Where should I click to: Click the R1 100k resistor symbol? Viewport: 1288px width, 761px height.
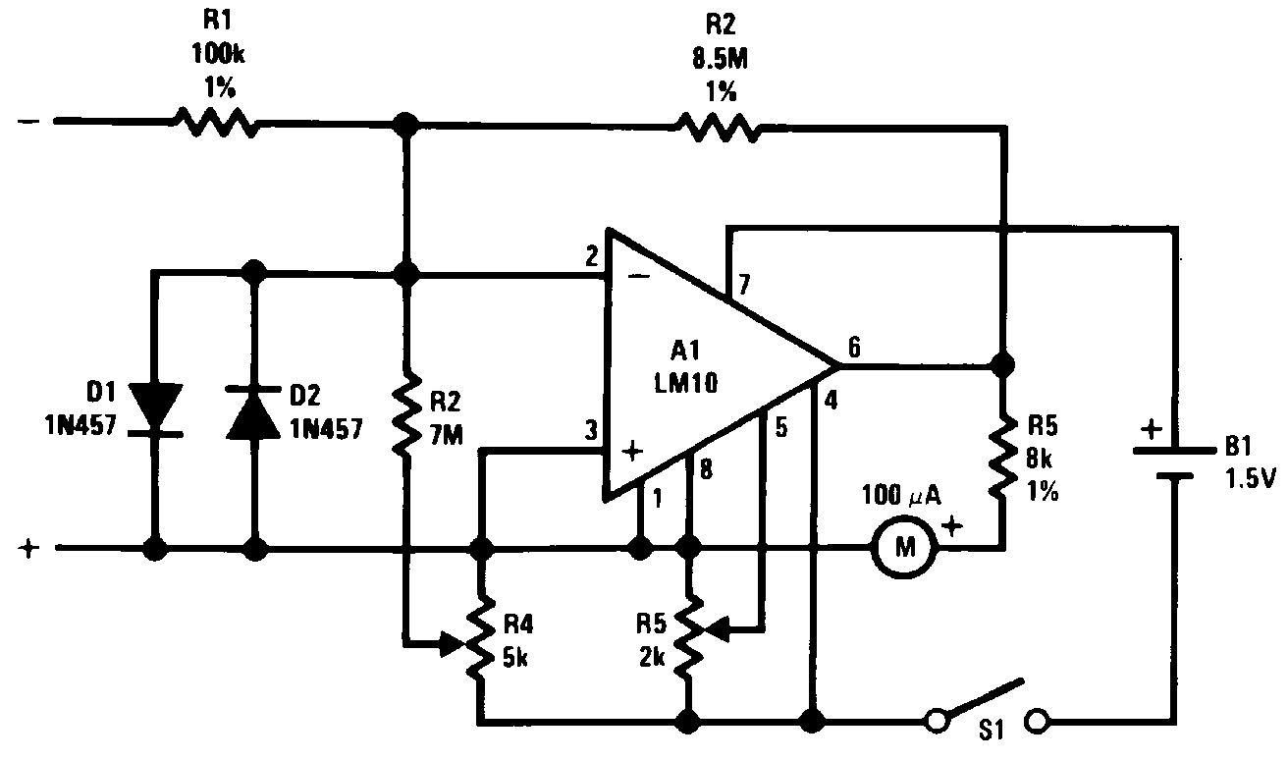point(216,123)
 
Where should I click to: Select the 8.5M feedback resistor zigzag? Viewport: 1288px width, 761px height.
point(718,127)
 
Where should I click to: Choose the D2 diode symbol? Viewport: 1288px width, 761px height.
point(255,408)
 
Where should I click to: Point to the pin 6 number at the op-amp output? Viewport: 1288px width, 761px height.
point(854,346)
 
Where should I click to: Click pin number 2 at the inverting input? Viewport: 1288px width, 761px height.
point(591,259)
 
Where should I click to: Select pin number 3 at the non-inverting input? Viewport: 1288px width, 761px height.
point(591,429)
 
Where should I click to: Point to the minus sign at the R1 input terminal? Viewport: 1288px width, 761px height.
point(28,123)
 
